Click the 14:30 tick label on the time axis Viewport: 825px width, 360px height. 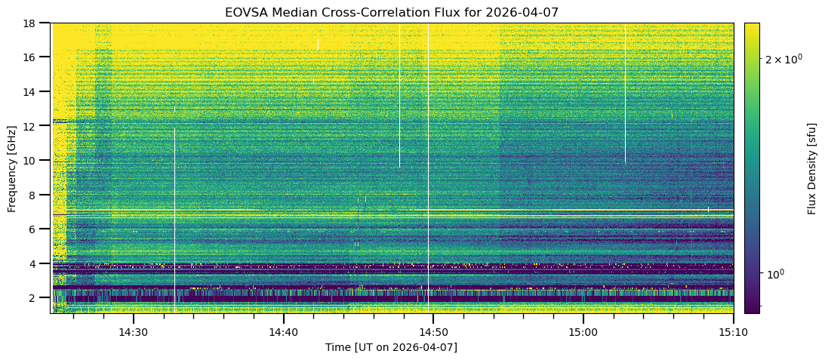coord(132,332)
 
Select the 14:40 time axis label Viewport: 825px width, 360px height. coord(283,332)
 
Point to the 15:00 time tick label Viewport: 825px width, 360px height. coord(583,332)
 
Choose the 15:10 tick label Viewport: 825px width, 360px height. coord(733,332)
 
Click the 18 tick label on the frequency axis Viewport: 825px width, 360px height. coord(33,23)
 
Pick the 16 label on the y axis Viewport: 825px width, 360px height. coord(33,57)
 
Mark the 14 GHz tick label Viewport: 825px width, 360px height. coord(33,91)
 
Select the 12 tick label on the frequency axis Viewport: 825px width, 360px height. coord(33,126)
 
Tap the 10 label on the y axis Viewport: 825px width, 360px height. coord(33,160)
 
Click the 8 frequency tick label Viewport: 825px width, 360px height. coord(36,195)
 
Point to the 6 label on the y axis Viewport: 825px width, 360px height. coord(36,229)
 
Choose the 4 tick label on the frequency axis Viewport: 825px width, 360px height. coord(36,263)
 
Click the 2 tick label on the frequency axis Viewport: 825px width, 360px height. coord(36,298)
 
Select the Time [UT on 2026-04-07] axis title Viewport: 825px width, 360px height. coord(391,347)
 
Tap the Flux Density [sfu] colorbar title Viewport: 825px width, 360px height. coord(812,168)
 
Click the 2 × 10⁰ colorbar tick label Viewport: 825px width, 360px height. coord(783,59)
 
